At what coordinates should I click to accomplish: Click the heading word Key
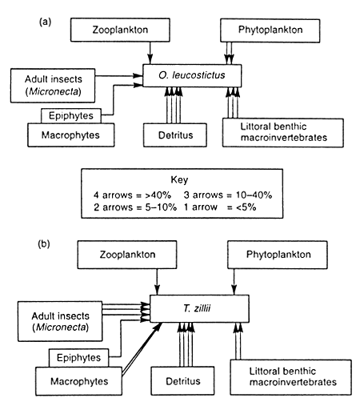pyautogui.click(x=180, y=180)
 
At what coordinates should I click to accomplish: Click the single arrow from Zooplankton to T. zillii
pyautogui.click(x=158, y=282)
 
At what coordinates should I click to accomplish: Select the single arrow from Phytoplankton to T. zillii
pyautogui.click(x=233, y=282)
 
